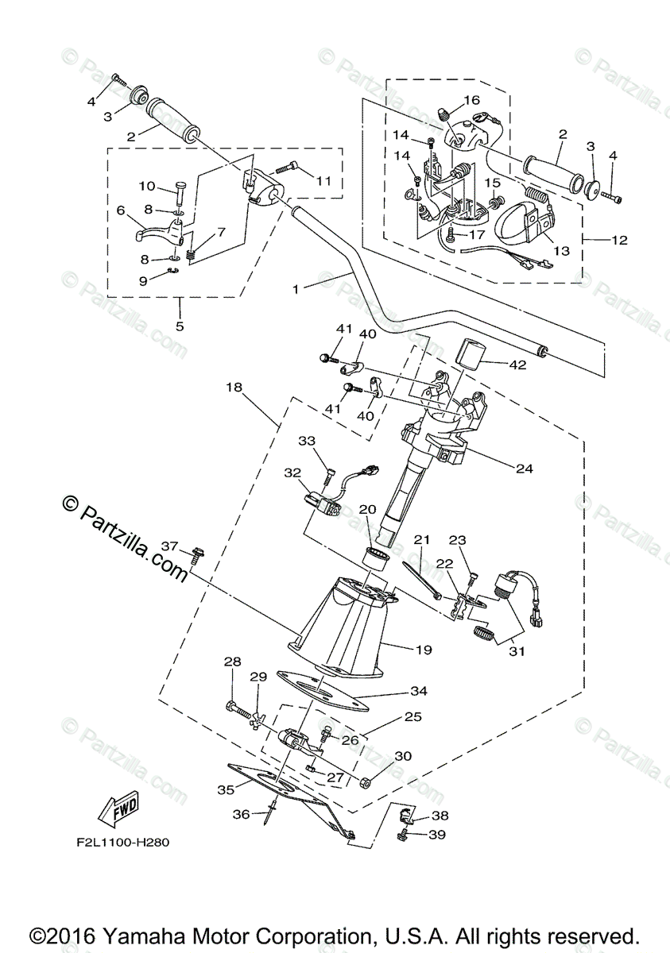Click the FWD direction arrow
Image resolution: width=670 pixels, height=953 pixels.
pos(116,811)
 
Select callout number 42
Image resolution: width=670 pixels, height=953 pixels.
pos(517,366)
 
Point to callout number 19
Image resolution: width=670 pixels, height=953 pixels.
pos(423,649)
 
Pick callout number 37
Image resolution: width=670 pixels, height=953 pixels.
pos(168,546)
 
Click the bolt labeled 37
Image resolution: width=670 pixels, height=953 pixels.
pos(197,555)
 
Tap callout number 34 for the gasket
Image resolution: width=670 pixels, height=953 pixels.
pos(419,691)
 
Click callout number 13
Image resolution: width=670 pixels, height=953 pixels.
pos(561,251)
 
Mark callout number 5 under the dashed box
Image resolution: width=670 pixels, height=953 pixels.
pos(179,326)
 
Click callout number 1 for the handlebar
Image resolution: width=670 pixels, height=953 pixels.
pos(296,289)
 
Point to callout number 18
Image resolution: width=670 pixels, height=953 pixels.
pos(233,388)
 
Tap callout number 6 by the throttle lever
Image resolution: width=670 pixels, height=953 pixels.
pos(122,210)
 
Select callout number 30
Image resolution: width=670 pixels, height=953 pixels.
pos(403,756)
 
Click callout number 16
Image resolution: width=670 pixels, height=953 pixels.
pos(472,100)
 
